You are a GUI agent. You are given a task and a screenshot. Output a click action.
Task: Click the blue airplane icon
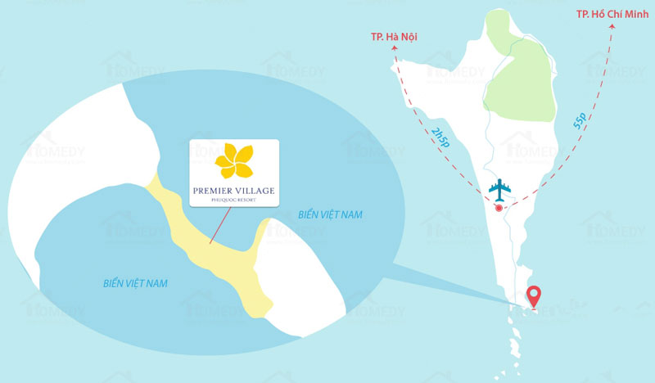(x=499, y=188)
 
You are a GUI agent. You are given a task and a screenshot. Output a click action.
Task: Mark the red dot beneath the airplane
(x=499, y=207)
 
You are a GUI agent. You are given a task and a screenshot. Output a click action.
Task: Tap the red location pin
(x=534, y=296)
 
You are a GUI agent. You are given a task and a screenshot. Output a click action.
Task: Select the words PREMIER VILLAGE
(x=234, y=191)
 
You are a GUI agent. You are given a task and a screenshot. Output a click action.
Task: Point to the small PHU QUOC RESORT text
(x=234, y=201)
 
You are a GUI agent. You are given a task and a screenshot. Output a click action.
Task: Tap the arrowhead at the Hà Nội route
(x=394, y=48)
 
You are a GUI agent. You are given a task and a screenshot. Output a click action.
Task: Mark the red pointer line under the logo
(x=219, y=226)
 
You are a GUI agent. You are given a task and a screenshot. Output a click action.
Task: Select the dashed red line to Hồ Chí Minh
(x=573, y=147)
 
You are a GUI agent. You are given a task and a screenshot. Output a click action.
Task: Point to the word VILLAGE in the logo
(x=255, y=191)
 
